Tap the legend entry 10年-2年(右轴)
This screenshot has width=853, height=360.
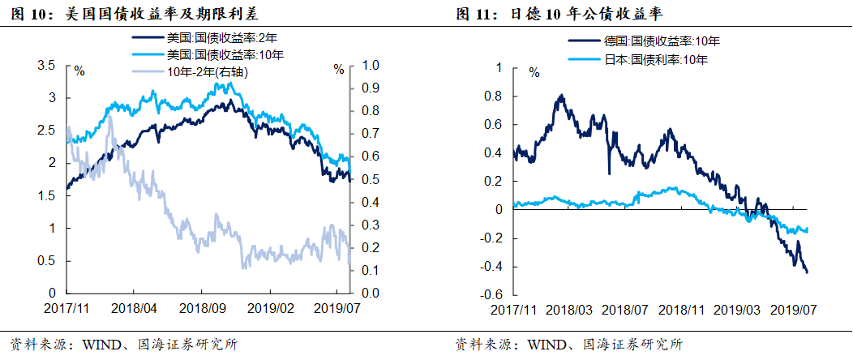(x=207, y=71)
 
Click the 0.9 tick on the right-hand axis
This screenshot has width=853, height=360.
(x=371, y=88)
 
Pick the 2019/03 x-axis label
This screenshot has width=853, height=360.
(x=739, y=311)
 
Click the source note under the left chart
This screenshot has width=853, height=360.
(x=122, y=344)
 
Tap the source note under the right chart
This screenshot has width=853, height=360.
(x=568, y=344)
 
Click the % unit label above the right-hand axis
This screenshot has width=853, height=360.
(x=339, y=70)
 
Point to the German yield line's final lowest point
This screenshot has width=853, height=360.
(x=807, y=272)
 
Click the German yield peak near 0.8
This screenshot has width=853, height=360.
(x=562, y=95)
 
